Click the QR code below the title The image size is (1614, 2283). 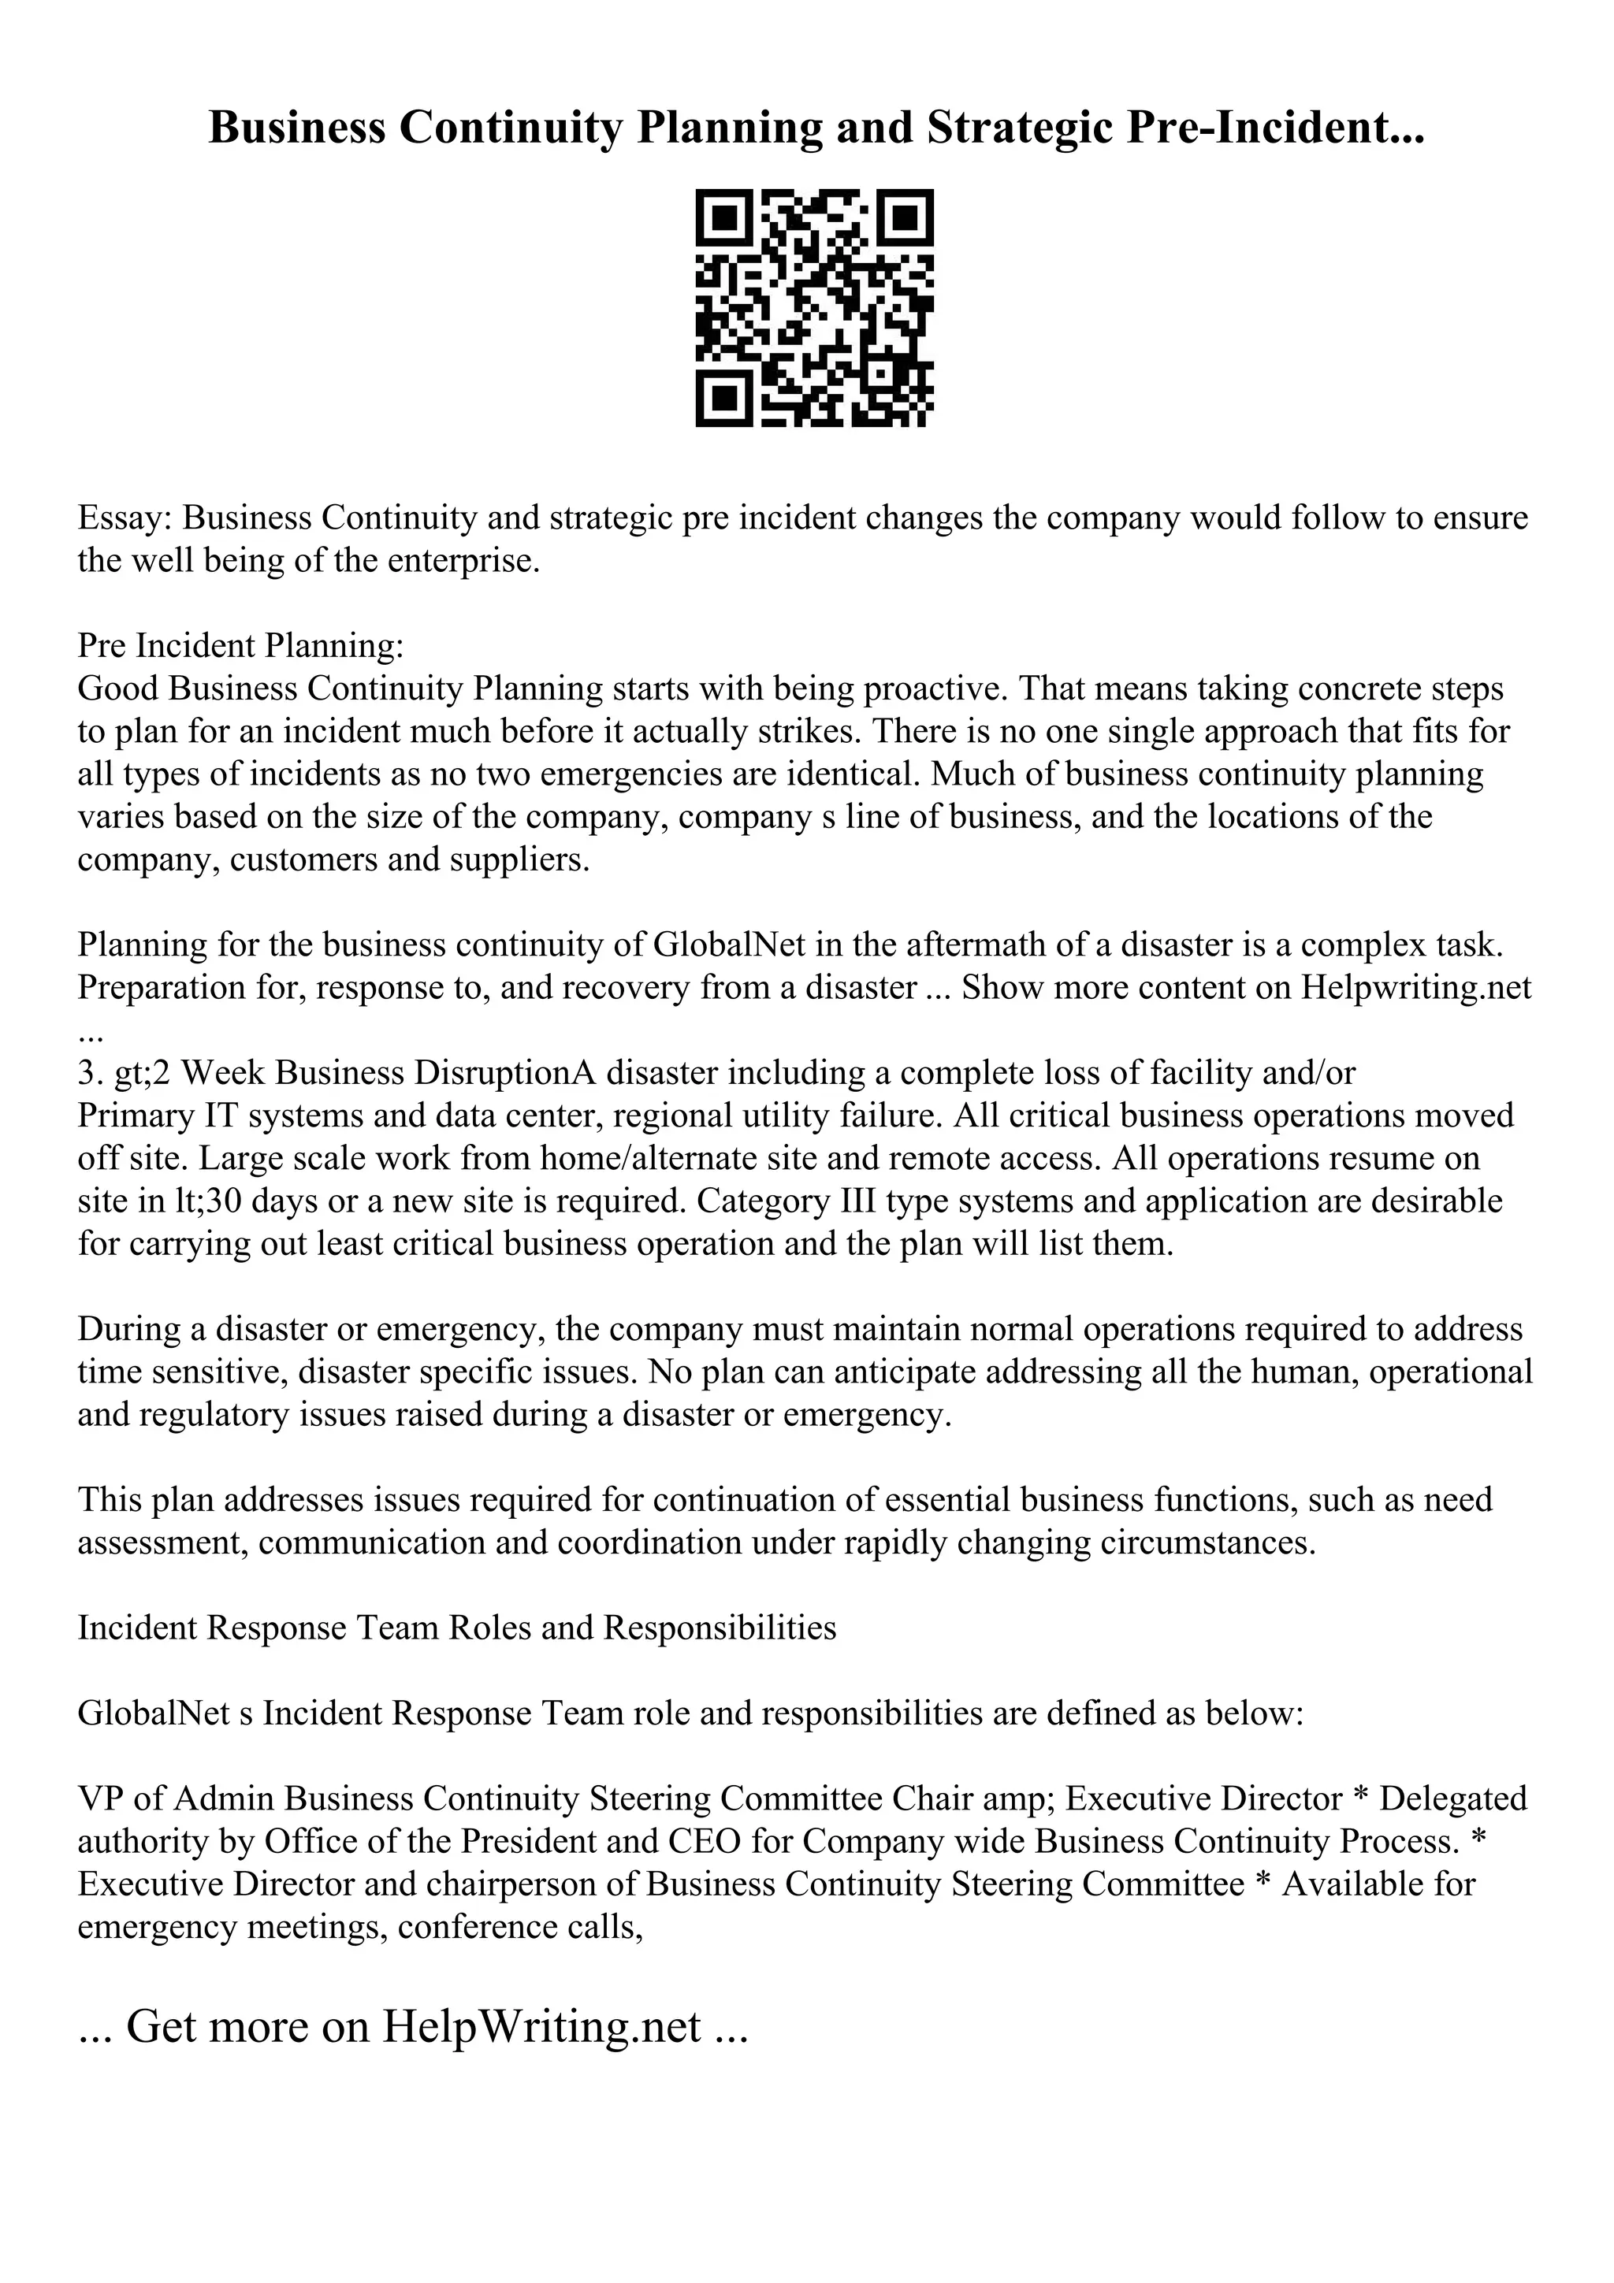[x=813, y=308]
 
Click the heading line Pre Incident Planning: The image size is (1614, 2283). [x=240, y=646]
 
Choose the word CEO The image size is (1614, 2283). [x=705, y=1842]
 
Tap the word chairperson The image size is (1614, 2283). [x=513, y=1884]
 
